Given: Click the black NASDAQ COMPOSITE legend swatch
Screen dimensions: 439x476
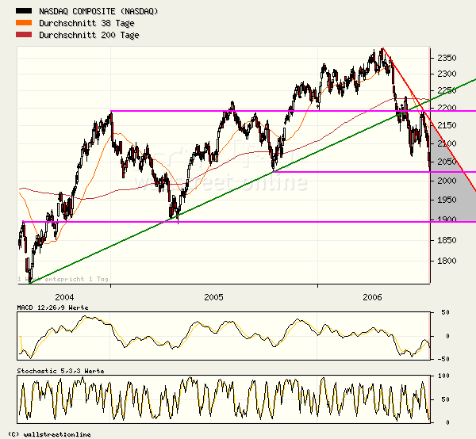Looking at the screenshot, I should pos(25,11).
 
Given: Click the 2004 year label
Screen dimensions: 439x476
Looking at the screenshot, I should pos(64,297).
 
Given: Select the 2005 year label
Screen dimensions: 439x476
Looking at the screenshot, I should pos(213,297).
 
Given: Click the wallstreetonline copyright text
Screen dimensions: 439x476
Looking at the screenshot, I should pos(49,433).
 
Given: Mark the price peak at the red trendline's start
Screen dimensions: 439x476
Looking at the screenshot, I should pos(381,49).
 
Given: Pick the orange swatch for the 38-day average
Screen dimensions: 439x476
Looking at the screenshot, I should pos(25,22).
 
